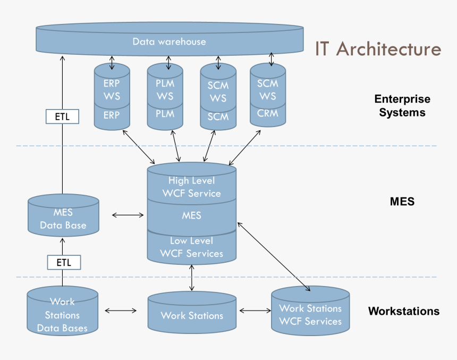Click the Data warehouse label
click(169, 41)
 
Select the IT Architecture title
click(378, 49)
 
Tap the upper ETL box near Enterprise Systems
click(62, 116)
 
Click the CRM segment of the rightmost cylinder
click(268, 113)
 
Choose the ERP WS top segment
click(112, 89)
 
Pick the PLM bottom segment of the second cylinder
click(165, 114)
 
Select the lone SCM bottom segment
click(218, 116)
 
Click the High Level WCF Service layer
click(192, 187)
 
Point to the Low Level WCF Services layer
click(191, 247)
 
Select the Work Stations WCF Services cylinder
click(310, 314)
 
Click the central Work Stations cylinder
click(192, 315)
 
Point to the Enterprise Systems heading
click(402, 105)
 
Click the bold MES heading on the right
click(402, 202)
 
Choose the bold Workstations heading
click(404, 311)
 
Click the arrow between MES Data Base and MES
click(128, 215)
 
